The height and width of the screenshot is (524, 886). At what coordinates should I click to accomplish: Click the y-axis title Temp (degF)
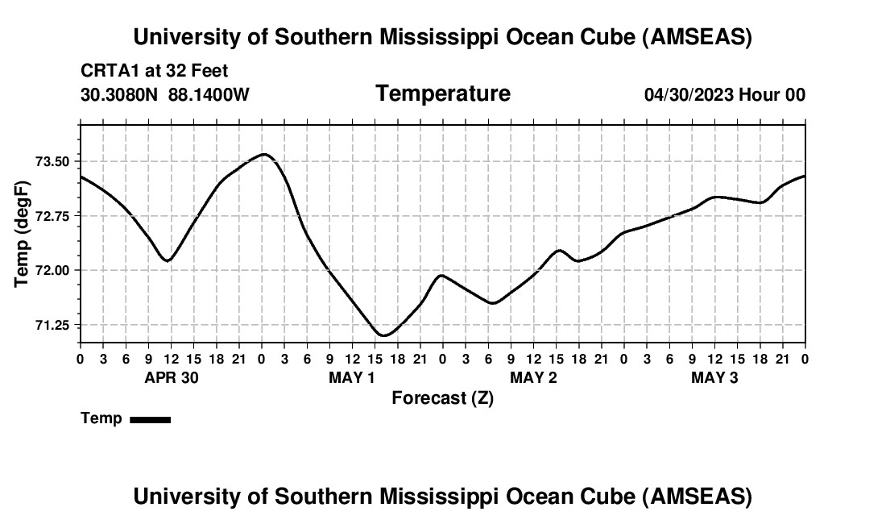click(23, 233)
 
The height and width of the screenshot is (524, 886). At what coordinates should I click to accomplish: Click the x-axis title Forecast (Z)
click(442, 397)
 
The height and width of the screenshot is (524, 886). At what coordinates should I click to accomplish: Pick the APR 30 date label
click(171, 378)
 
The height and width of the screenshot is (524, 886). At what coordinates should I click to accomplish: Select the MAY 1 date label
click(352, 378)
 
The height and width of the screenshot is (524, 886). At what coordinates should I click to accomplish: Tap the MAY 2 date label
click(533, 378)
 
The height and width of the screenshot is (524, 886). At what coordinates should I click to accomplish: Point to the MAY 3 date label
click(714, 378)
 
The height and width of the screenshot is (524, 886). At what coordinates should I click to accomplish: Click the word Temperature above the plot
click(443, 94)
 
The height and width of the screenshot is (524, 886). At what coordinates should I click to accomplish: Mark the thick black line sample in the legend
click(150, 419)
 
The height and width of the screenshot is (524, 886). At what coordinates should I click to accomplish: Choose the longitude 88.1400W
click(209, 94)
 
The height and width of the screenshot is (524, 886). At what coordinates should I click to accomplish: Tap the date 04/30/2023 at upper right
click(689, 94)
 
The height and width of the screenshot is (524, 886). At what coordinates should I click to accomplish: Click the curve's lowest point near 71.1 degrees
click(384, 335)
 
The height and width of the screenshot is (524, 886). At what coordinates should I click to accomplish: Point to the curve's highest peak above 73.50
click(264, 154)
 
